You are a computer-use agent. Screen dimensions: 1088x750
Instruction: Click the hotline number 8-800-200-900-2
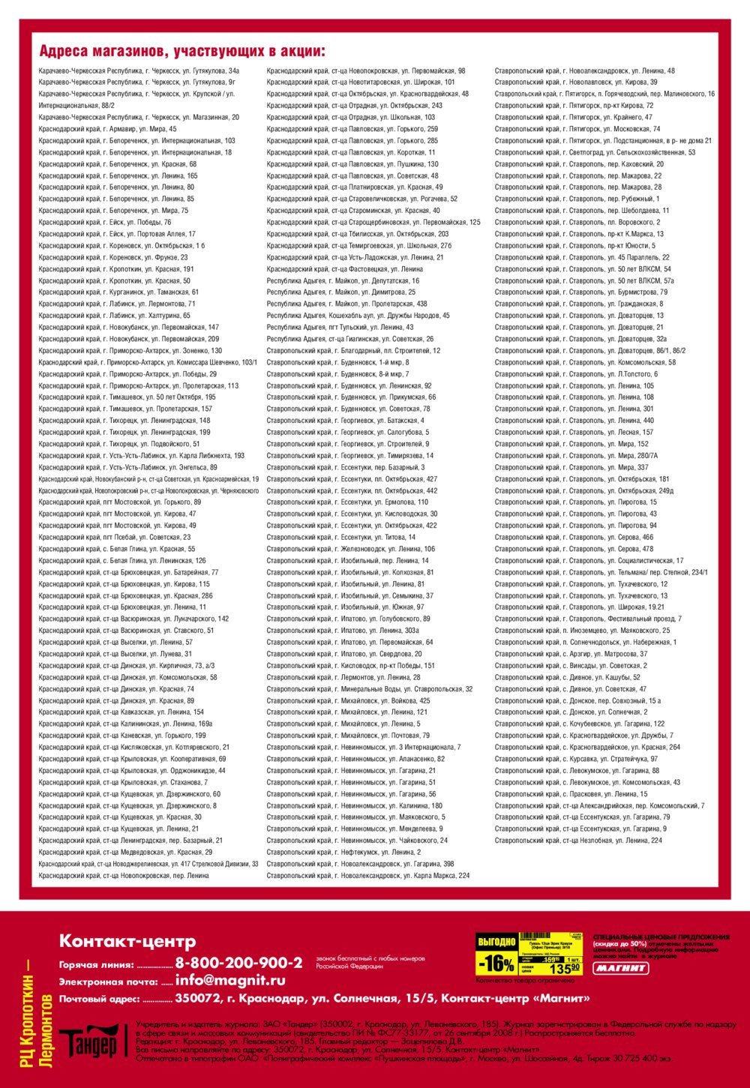point(238,963)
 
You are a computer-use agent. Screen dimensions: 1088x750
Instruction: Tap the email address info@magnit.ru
point(230,980)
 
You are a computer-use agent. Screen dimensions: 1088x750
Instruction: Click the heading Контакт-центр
point(127,941)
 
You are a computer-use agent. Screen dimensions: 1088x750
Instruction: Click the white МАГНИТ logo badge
point(621,968)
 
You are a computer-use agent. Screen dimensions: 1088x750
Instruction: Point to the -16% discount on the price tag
point(496,964)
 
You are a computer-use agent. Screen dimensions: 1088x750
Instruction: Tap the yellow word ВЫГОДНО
point(496,942)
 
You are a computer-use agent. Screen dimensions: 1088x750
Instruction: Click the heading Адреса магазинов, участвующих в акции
point(182,52)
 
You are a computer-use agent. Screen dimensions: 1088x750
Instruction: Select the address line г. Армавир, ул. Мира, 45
point(108,129)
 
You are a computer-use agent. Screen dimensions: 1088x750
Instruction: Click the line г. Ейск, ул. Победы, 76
point(105,223)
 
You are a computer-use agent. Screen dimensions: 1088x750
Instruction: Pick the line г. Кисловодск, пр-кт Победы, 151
point(350,666)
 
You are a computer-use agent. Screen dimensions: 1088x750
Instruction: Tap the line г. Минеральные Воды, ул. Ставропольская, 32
point(369,689)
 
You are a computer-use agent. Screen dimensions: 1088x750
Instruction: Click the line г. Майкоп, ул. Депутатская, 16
point(343,281)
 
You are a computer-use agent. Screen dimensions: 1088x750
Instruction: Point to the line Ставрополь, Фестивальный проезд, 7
point(588,619)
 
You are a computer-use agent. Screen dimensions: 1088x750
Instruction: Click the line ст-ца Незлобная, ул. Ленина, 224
point(578,841)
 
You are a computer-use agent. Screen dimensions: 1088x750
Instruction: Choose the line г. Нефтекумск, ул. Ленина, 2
point(343,853)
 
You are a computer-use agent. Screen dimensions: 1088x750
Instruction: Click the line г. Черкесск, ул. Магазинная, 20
point(139,118)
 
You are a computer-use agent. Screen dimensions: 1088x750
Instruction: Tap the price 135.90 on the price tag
point(565,969)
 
